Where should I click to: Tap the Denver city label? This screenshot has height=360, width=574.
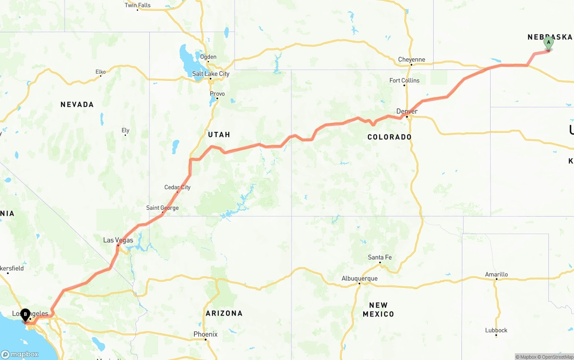point(407,111)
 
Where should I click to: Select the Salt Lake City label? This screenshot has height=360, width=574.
point(211,74)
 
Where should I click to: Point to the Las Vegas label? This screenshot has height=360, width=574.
point(118,240)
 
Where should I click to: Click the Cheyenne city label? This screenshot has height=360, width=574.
point(411,60)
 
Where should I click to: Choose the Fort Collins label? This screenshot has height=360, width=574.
point(404,81)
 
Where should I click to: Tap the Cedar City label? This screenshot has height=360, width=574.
point(178,187)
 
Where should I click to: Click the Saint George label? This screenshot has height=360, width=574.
point(162,208)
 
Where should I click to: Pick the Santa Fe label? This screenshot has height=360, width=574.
point(379,257)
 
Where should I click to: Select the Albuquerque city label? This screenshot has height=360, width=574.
point(359,278)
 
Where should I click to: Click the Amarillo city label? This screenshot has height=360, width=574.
point(496,274)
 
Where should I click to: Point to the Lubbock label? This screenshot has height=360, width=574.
point(496,330)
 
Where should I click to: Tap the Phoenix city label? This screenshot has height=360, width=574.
point(205,334)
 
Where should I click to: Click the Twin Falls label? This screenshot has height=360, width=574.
point(138,5)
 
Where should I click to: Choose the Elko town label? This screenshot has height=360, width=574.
point(100,72)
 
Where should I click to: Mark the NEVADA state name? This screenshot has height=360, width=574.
point(77,104)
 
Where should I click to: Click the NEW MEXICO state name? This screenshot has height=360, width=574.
point(378,310)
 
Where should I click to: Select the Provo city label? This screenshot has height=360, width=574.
point(217,94)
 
